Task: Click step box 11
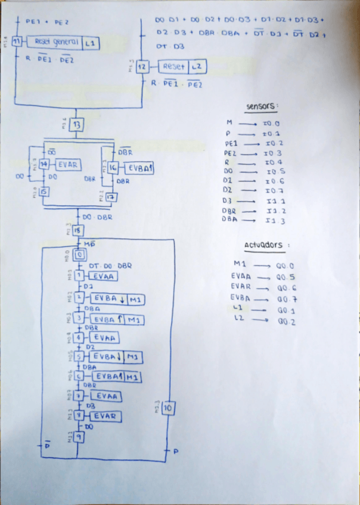17,42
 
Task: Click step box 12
142,67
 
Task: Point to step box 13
76,125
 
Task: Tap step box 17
111,197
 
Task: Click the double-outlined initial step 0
79,255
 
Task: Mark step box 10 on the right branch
167,408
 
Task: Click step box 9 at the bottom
78,437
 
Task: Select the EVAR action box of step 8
105,416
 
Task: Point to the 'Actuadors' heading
262,245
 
